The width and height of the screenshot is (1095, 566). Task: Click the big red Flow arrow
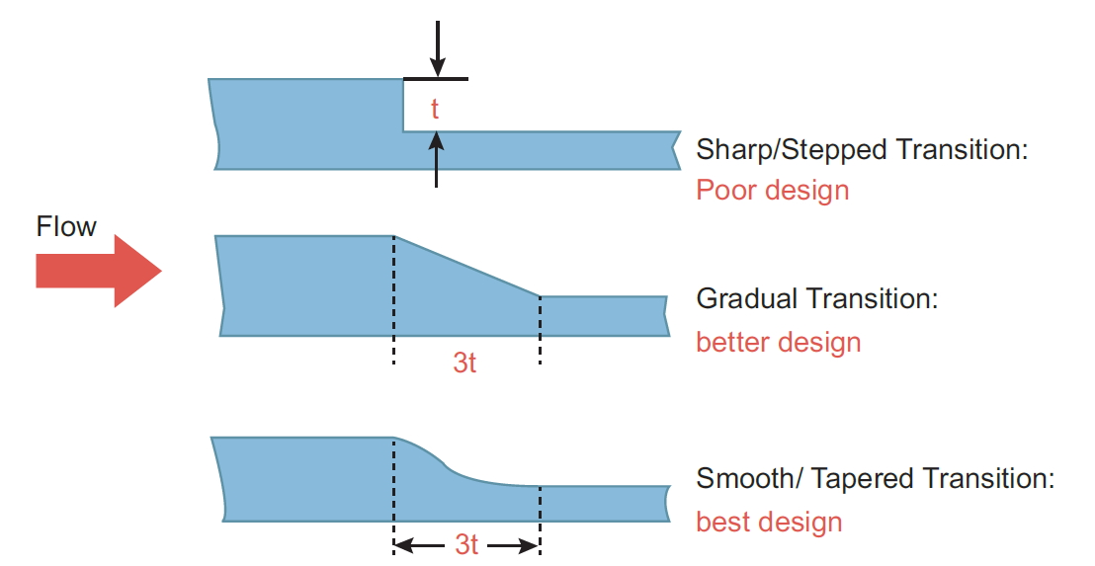tap(99, 271)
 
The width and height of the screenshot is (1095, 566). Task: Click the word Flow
tap(66, 227)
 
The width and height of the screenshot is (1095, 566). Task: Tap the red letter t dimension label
tap(435, 109)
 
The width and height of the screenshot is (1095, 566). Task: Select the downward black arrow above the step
tap(437, 48)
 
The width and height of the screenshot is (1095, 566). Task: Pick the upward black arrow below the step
tap(437, 160)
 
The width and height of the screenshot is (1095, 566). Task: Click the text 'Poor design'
tap(773, 190)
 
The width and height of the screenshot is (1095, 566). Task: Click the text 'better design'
tap(778, 342)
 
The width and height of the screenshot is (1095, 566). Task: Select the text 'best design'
tap(769, 522)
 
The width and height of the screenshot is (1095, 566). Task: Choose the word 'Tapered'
tap(863, 478)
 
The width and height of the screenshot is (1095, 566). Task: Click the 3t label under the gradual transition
tap(464, 363)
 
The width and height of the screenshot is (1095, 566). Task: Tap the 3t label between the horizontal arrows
tap(466, 544)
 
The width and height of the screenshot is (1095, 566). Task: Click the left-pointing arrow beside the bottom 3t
tap(419, 545)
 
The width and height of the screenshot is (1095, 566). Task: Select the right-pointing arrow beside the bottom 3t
tap(513, 545)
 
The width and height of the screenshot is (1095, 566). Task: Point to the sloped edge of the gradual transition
tap(467, 266)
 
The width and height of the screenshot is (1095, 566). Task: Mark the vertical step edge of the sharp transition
tap(403, 105)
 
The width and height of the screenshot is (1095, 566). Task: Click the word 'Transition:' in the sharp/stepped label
tap(962, 149)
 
